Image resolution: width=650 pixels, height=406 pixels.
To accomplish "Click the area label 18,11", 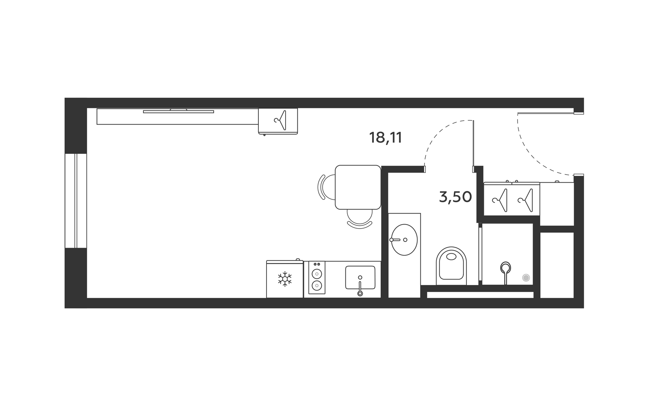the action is click(386, 138).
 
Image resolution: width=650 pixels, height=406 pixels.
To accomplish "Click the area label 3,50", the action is click(455, 197).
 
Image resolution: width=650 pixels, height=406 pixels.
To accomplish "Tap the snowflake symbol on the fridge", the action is click(285, 279).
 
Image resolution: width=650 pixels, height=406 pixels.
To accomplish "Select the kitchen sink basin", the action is click(360, 278).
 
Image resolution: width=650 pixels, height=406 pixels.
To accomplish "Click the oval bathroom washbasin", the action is click(404, 240).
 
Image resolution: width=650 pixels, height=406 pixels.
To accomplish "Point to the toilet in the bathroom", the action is click(451, 266).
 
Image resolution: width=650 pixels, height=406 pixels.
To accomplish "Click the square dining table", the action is click(358, 187).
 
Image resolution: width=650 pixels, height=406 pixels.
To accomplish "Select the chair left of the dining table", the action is click(327, 187).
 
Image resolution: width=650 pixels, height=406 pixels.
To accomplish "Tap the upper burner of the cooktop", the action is click(316, 274).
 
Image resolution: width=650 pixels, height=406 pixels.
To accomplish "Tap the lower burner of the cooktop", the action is click(316, 286).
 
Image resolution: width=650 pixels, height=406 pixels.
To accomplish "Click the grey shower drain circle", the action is click(526, 278).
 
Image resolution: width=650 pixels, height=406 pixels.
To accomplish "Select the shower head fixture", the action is click(505, 273).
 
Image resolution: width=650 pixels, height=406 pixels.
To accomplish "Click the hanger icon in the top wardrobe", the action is click(280, 120).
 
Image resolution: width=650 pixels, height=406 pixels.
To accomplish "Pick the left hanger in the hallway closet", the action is click(500, 200).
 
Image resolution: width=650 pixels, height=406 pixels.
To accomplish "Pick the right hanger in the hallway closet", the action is click(525, 200).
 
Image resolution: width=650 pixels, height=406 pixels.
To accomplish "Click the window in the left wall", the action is click(76, 201).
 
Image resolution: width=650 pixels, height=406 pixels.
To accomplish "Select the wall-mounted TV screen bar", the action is click(178, 112).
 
